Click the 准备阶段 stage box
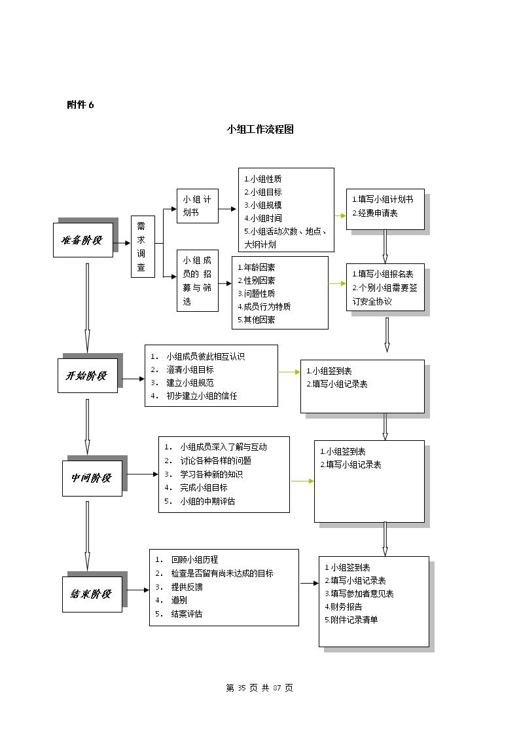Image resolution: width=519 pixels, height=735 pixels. point(83,240)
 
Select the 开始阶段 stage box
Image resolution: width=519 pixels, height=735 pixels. point(88,375)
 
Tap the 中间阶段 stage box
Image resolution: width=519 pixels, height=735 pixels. point(92,478)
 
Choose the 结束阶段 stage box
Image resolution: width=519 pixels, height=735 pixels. point(92,594)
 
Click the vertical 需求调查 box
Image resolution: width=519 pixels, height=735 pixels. point(143,246)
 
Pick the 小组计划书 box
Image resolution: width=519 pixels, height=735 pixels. point(197,206)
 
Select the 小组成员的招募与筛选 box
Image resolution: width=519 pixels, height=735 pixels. point(197,281)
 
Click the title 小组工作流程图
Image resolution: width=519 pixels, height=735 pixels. point(260,129)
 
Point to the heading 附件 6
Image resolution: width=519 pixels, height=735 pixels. point(80,105)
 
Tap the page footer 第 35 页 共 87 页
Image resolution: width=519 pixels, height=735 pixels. point(259,688)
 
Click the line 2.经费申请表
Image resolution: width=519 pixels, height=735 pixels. point(375,214)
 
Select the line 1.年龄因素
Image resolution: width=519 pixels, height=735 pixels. point(256,268)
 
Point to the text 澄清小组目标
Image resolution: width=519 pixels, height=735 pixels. point(190,370)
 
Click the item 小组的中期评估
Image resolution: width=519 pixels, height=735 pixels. point(207,501)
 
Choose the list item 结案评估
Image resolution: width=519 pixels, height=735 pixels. point(187,614)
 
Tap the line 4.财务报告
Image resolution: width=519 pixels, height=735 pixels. point(344,607)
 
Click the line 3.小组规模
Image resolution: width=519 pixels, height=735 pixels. point(263,205)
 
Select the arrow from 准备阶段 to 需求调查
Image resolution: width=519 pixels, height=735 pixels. point(122,243)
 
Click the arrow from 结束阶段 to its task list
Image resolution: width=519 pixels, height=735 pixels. point(136,590)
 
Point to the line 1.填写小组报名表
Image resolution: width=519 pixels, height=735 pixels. point(383,274)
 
